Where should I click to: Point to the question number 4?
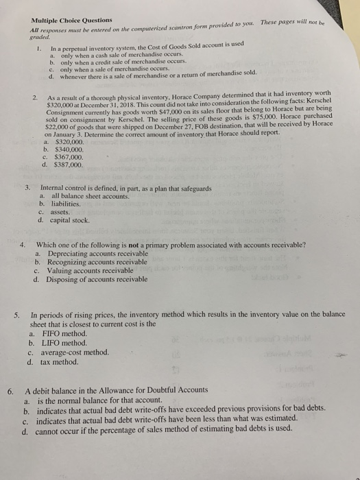coord(23,245)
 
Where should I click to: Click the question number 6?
coord(10,392)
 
